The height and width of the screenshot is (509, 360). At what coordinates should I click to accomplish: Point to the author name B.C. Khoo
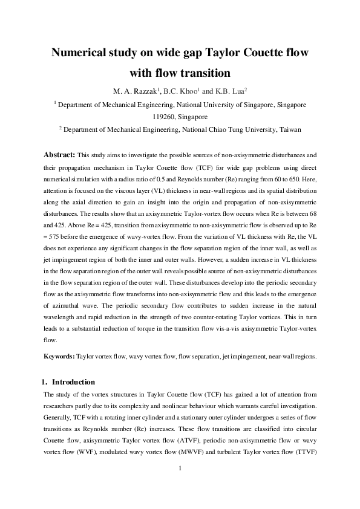click(180, 91)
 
